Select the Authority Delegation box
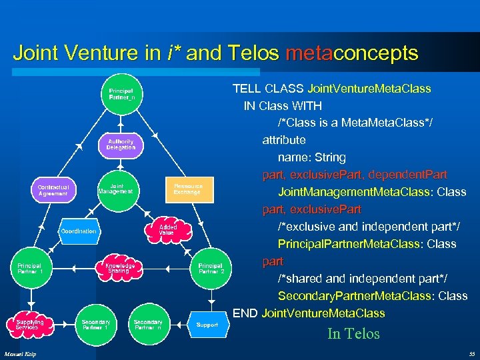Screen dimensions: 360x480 click(121, 144)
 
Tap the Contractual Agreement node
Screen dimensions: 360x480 click(53, 190)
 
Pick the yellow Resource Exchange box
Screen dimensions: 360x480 click(187, 189)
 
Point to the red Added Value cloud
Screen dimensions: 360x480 click(166, 230)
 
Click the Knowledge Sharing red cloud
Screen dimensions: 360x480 click(119, 268)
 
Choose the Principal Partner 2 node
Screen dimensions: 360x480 click(211, 268)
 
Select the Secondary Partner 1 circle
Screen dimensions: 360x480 click(96, 324)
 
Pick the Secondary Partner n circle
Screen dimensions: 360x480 click(147, 324)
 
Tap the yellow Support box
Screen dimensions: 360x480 click(207, 325)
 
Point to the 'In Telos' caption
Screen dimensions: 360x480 click(353, 334)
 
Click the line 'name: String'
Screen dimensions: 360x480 click(311, 157)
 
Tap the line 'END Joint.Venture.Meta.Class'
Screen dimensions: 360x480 click(309, 313)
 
